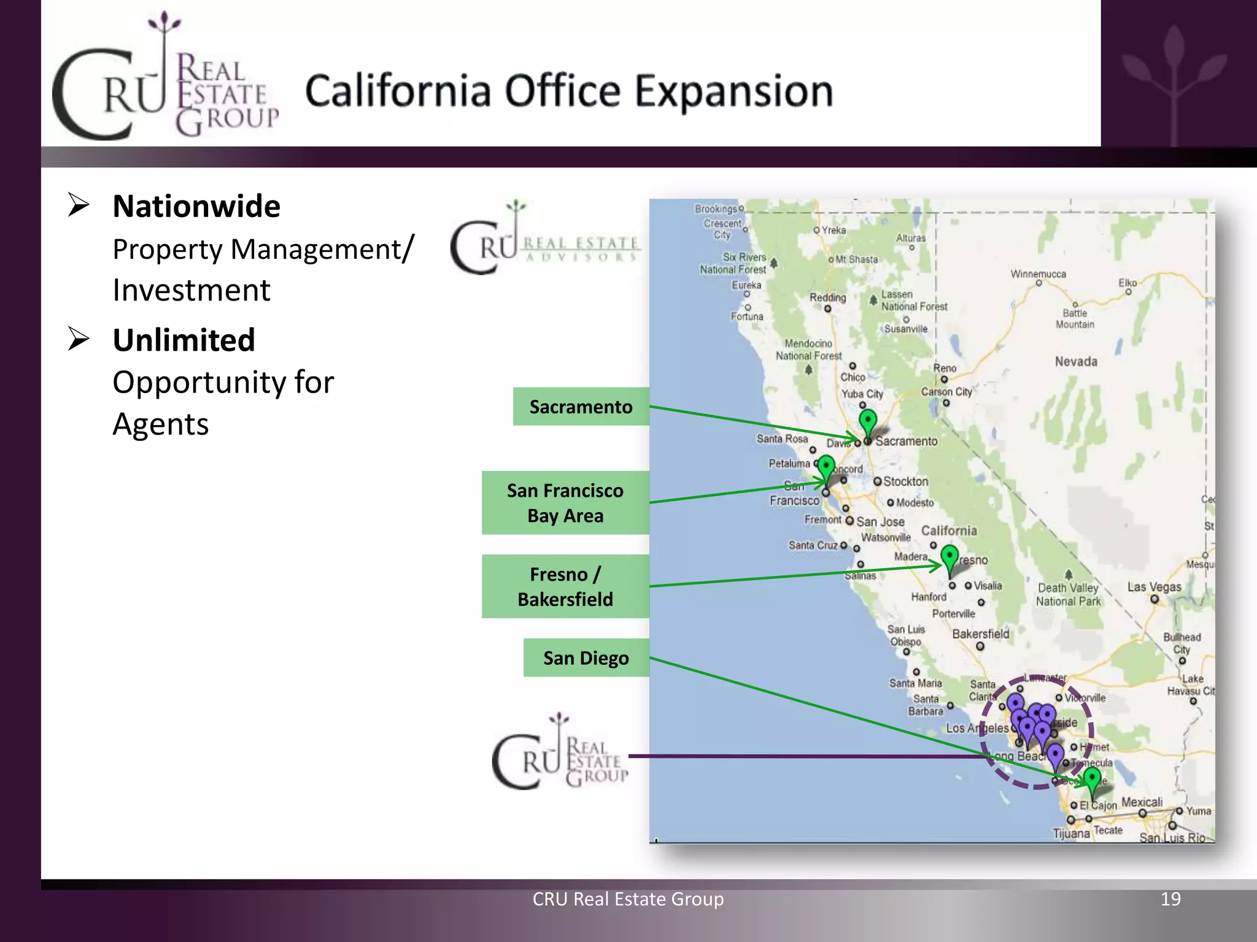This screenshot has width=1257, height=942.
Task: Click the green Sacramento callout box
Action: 581,407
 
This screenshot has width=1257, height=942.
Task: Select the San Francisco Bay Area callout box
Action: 565,503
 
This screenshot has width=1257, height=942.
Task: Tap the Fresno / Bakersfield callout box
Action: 565,586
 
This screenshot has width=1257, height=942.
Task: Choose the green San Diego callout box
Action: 586,658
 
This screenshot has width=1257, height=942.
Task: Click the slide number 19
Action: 1170,899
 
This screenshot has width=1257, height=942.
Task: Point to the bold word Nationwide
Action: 196,206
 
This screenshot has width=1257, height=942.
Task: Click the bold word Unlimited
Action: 184,340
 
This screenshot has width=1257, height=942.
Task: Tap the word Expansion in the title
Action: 733,91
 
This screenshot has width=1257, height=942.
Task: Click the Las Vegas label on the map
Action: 1154,587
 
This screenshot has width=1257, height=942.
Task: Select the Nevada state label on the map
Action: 1075,361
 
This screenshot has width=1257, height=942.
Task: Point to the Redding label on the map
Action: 827,297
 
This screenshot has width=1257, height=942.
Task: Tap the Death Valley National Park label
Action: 1068,594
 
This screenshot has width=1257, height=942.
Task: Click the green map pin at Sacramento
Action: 868,422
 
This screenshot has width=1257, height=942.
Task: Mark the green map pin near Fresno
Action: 950,557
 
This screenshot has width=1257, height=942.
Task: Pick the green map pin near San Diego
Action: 1092,778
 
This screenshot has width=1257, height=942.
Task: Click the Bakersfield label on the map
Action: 980,634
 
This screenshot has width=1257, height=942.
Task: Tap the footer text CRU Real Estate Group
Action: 628,899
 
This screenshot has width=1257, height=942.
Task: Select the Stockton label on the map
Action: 905,481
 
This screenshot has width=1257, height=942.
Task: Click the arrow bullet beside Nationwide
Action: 79,205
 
